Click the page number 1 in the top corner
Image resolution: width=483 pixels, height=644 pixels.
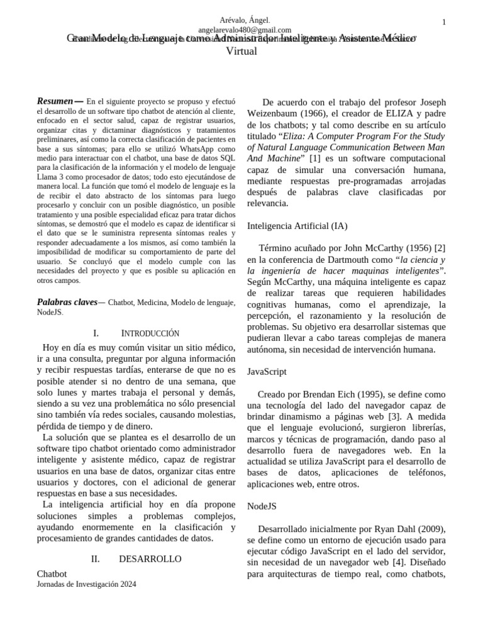(x=444, y=23)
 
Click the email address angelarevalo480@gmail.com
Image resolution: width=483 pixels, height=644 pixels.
(x=245, y=30)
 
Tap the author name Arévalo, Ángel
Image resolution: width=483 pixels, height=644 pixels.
(x=245, y=21)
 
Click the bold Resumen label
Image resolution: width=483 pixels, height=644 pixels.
(x=55, y=101)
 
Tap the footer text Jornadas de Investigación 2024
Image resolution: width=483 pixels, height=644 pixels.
(x=87, y=584)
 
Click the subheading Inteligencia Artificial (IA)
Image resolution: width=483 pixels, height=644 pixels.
(x=297, y=226)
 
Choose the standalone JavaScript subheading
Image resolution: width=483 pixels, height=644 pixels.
(x=267, y=372)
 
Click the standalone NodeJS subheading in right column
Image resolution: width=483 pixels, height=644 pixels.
(x=262, y=505)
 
